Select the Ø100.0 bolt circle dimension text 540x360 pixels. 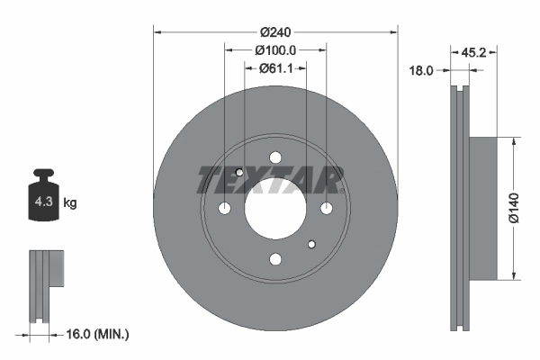point(275,49)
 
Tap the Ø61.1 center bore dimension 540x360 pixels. point(275,67)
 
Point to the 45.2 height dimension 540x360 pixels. point(473,53)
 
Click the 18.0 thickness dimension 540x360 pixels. point(422,69)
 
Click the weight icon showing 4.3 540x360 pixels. point(42,201)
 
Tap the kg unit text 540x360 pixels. point(70,203)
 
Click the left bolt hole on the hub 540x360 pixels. point(225,209)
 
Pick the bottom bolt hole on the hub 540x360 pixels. point(275,259)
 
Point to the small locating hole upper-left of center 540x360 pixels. point(239,173)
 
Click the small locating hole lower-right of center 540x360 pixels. point(311,244)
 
